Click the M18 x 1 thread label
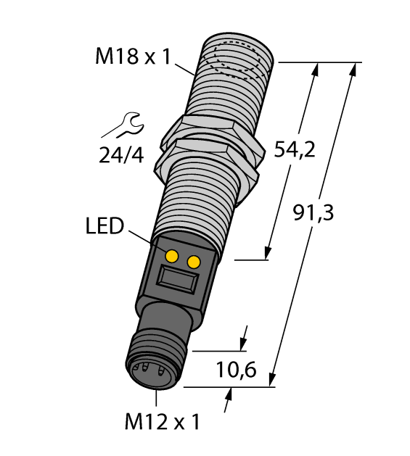133,56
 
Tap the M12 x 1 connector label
162,421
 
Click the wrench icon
120,125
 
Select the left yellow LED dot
172,256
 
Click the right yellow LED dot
194,262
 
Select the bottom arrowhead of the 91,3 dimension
272,381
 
